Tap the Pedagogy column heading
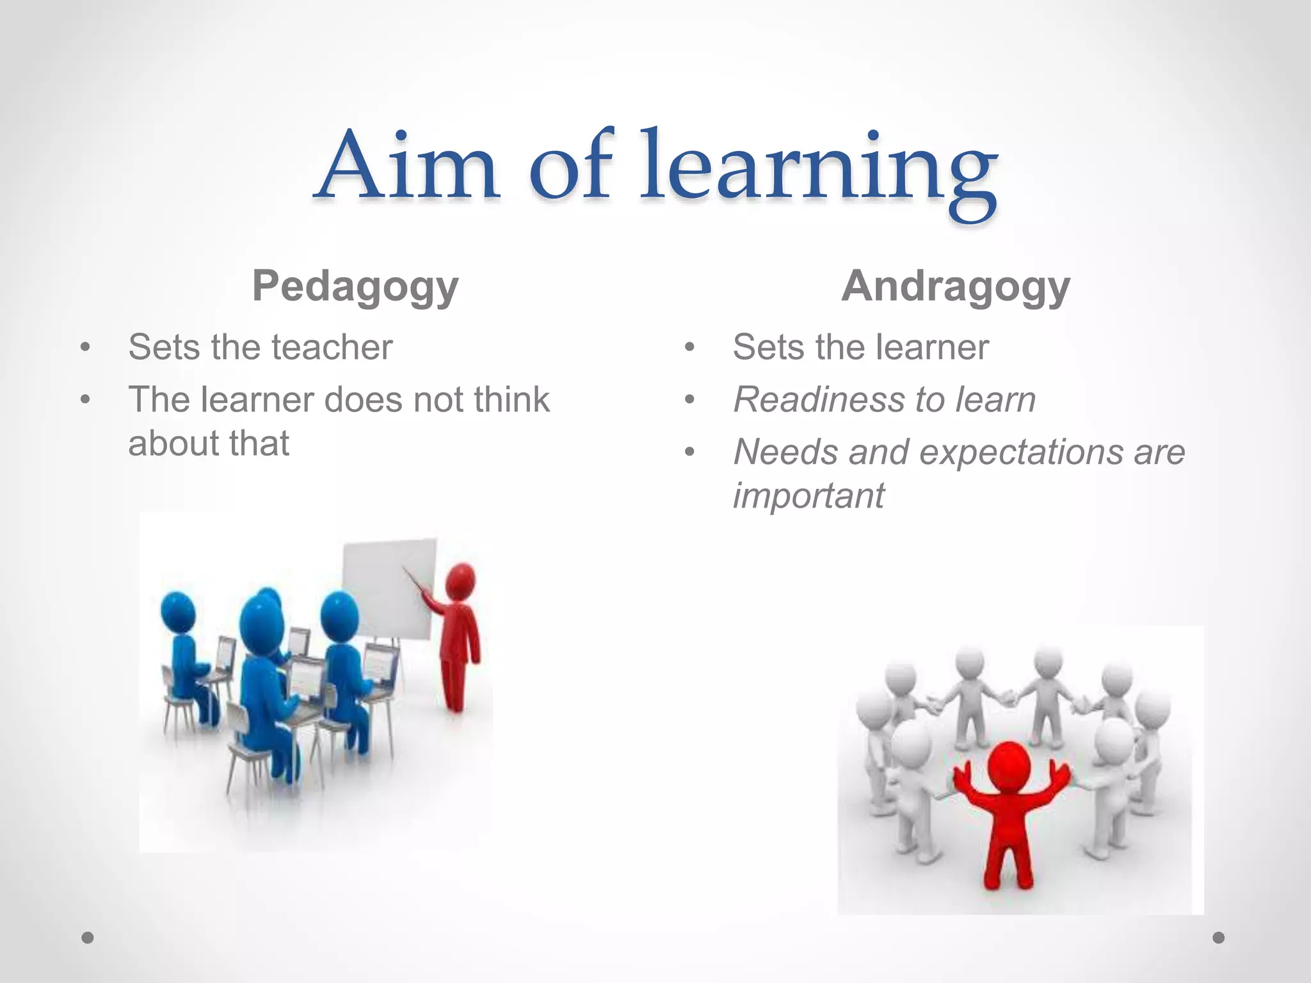pos(355,286)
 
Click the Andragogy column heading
pos(956,286)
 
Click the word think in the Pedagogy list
pos(511,400)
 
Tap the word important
pos(808,496)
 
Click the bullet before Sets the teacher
pos(85,348)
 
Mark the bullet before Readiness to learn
pos(689,401)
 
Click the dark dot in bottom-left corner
pos(88,938)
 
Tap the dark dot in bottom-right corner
pos(1219,938)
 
